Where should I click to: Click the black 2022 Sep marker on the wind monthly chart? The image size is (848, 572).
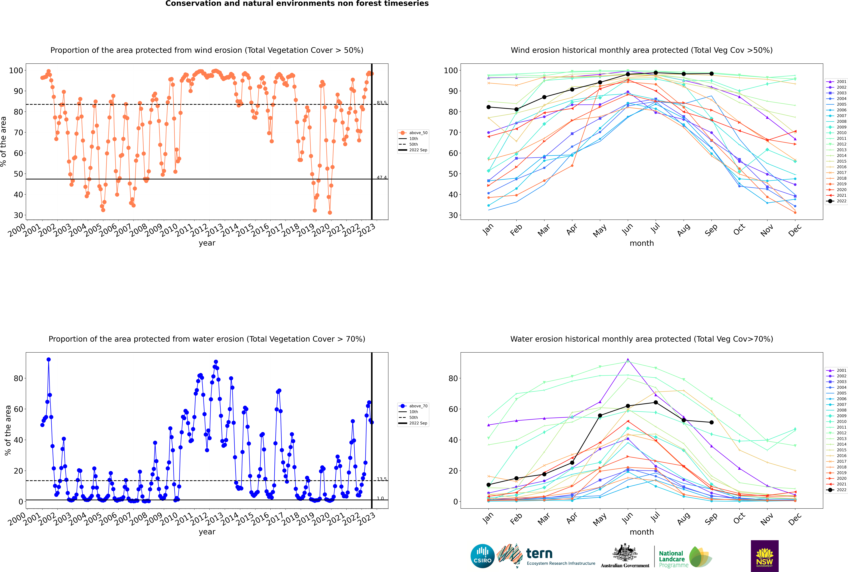(711, 74)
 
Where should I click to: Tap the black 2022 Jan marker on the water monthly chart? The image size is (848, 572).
(489, 485)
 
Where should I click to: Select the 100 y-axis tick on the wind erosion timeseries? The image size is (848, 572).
(16, 70)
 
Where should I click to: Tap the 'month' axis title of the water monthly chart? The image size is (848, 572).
(642, 532)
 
